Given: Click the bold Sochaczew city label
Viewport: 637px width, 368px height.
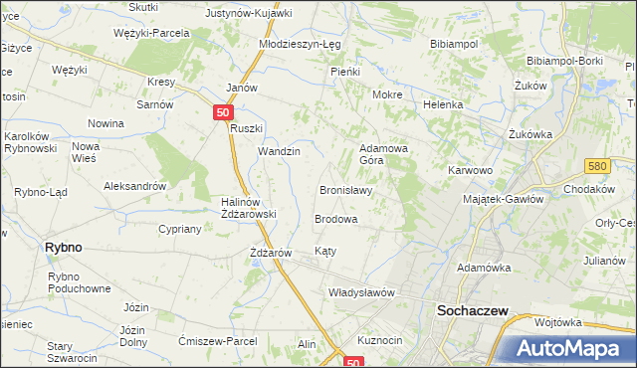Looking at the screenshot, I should coord(473,311).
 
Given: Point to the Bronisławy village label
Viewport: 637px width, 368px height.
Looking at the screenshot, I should coord(345,190).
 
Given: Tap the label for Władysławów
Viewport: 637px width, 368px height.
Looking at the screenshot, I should coord(362,293).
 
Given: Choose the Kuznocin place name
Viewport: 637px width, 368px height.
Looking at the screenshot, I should coord(379,340).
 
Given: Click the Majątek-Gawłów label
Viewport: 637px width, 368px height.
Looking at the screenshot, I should coord(504,199).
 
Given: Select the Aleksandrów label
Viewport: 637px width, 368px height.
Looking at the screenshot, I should coord(134,186).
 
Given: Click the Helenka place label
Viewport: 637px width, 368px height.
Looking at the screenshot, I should coord(444,104).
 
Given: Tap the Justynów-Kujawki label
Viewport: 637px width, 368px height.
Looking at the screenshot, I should coord(248,14).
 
